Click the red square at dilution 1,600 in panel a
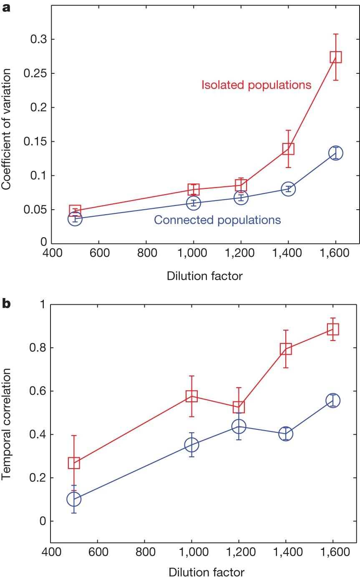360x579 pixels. [x=336, y=57]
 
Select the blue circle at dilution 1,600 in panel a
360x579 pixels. [x=336, y=153]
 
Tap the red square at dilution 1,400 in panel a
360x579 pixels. [x=288, y=149]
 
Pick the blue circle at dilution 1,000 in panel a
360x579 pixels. [x=193, y=203]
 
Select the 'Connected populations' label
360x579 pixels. [x=217, y=220]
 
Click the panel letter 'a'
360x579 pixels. [x=6, y=8]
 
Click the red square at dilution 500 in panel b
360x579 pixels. [x=74, y=463]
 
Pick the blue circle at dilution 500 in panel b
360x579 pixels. [x=74, y=499]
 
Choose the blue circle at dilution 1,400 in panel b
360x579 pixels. [x=286, y=434]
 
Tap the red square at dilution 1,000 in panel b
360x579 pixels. [x=191, y=396]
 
